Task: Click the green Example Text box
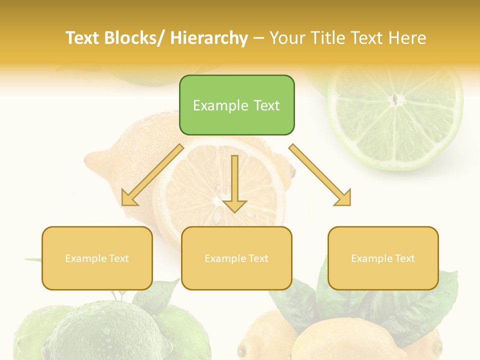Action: [236, 105]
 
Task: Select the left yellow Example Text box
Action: [97, 258]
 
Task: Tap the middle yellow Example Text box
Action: [236, 258]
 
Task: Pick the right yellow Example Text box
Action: [383, 258]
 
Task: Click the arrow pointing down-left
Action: [152, 175]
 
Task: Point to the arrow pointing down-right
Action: [320, 175]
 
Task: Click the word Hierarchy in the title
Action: [208, 38]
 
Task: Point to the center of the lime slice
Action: [396, 100]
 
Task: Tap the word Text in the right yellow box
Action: [404, 258]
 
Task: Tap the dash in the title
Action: [258, 38]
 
